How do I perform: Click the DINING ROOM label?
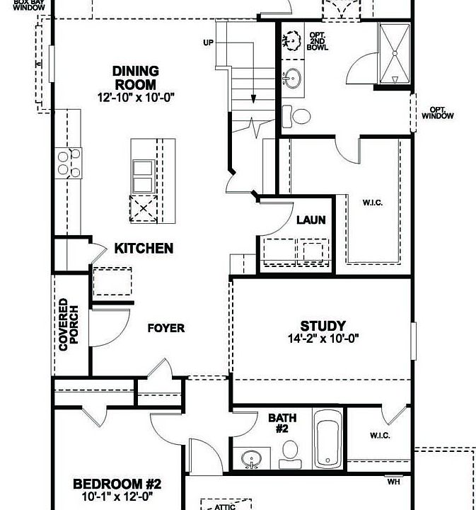(x=135, y=77)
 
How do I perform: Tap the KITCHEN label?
(x=144, y=248)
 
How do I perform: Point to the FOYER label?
(x=166, y=328)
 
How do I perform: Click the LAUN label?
(x=310, y=220)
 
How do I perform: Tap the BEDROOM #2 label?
(x=117, y=484)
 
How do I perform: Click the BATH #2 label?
(x=282, y=423)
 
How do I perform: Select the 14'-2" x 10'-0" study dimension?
(x=323, y=339)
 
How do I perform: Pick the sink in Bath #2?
(x=251, y=459)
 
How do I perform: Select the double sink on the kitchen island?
(x=144, y=176)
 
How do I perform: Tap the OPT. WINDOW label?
(x=437, y=113)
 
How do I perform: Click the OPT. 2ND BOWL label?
(x=316, y=41)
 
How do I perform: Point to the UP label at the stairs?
(x=208, y=43)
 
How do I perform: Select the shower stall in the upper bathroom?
(x=393, y=53)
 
